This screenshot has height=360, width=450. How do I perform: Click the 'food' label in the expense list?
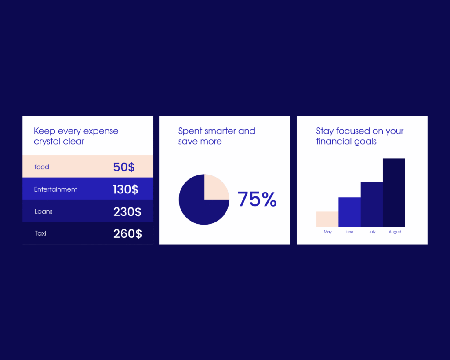(42, 167)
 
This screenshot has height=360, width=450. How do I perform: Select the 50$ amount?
(123, 167)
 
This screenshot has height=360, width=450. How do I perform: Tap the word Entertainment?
(56, 189)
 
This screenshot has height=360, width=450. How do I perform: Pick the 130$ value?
(125, 189)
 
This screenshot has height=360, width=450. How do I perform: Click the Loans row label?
(44, 211)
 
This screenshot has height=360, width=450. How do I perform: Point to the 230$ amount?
(127, 212)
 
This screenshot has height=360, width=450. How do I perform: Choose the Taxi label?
(40, 233)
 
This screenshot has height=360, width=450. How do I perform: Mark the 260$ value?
(127, 234)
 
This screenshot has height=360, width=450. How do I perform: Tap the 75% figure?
(257, 199)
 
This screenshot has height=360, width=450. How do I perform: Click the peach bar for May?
(327, 219)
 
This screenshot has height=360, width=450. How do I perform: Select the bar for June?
(349, 212)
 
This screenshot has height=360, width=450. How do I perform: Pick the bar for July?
(372, 204)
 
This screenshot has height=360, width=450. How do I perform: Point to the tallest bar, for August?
(394, 193)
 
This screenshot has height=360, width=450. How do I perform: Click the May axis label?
(327, 232)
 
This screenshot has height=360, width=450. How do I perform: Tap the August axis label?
(395, 232)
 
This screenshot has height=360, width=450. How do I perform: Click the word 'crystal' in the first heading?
(47, 141)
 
